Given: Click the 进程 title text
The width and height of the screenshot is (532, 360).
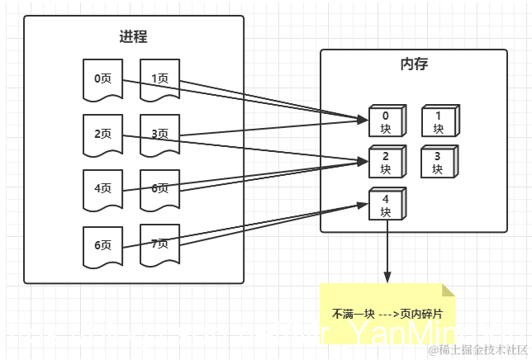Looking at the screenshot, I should (134, 37).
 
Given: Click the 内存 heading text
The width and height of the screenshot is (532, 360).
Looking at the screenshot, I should (413, 64).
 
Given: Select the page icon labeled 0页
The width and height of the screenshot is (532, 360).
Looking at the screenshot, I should (102, 79).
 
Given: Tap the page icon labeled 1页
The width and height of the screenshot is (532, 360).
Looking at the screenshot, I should (159, 79).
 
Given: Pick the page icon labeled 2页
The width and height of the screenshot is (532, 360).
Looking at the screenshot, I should (102, 134).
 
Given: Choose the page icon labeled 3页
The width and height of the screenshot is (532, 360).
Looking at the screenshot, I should (159, 134).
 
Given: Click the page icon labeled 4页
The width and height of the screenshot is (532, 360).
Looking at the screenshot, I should (102, 189).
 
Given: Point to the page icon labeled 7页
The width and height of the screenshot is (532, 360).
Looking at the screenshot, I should (159, 244).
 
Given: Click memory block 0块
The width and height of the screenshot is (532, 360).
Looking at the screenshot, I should (385, 122).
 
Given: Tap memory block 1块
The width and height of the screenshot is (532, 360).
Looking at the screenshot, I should (438, 122).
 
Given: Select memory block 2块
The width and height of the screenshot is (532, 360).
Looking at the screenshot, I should (385, 163).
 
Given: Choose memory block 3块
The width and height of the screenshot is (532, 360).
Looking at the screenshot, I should (438, 163).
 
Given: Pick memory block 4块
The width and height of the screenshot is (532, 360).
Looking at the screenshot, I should (385, 206).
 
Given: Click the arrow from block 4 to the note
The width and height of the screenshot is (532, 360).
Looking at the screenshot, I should (387, 252).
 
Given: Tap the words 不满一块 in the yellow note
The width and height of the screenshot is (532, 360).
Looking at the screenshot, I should (354, 315).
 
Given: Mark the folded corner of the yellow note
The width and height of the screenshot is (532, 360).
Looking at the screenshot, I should (449, 290).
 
